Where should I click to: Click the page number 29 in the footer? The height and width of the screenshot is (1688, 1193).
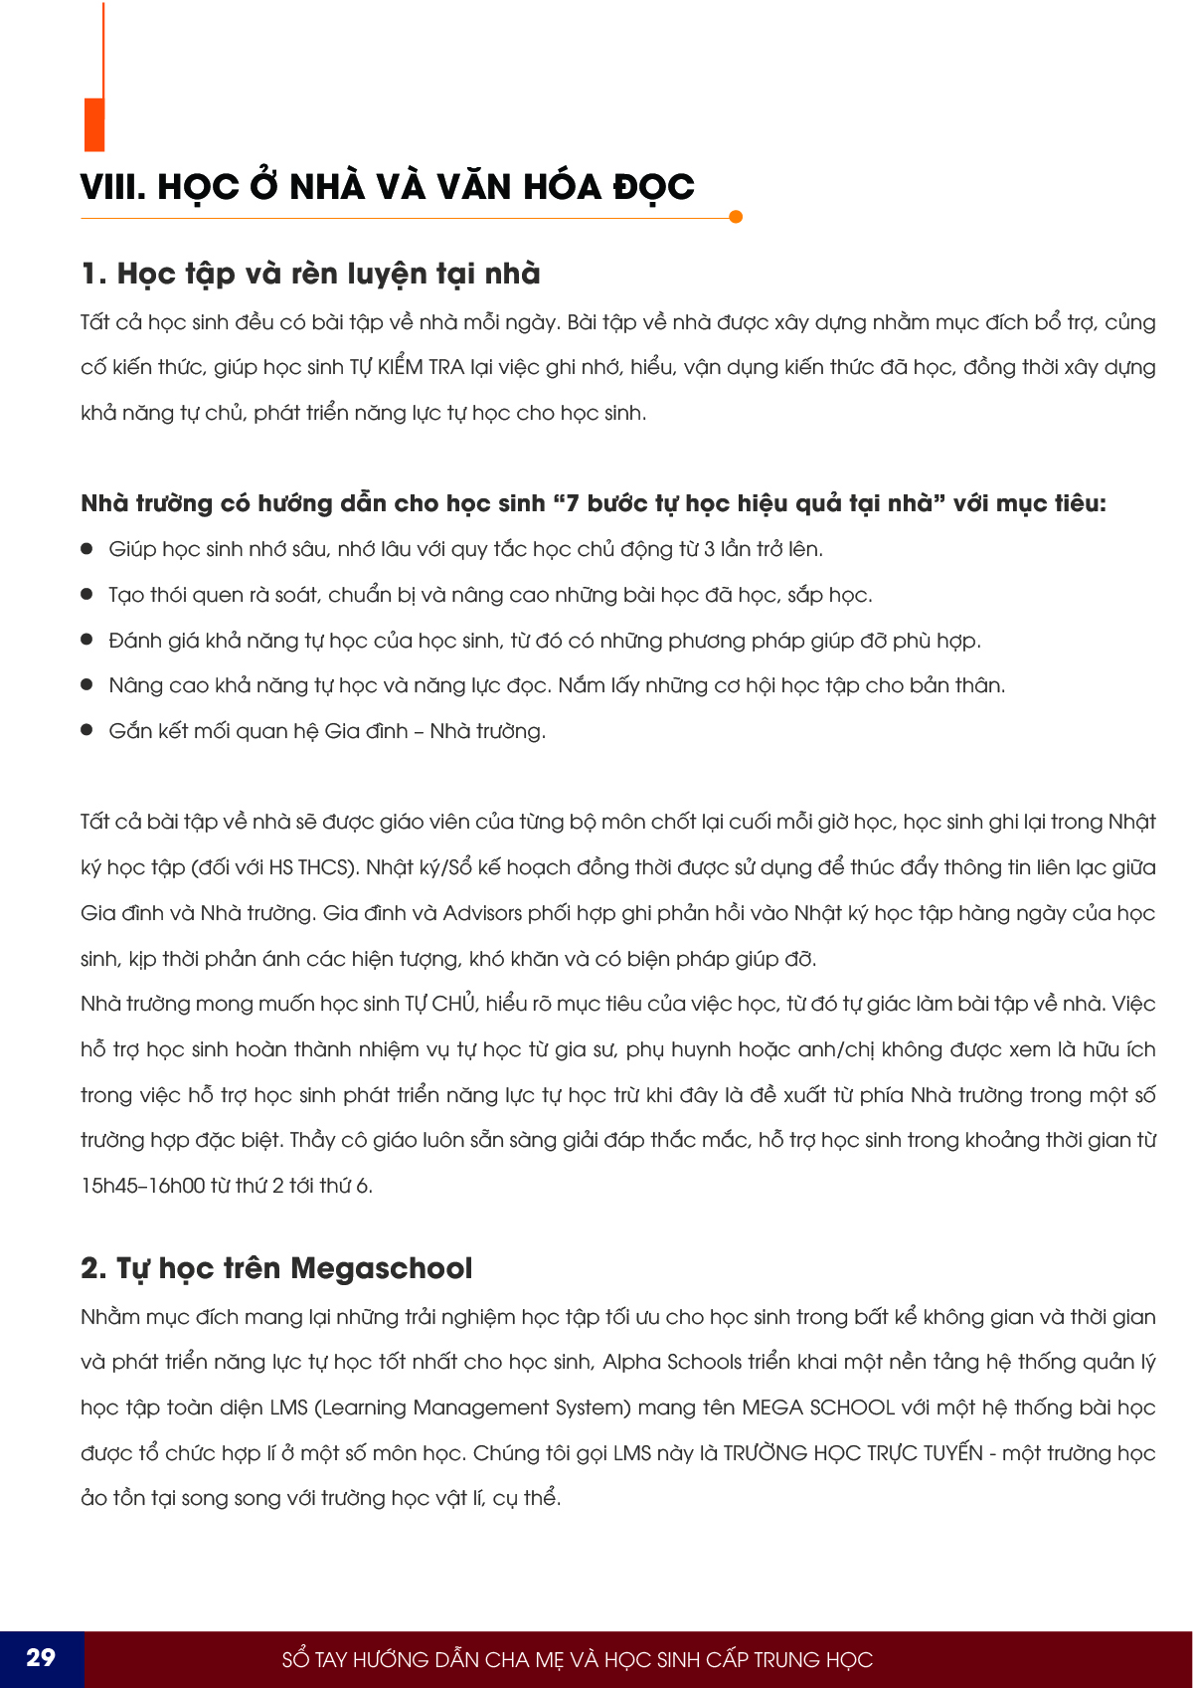click(41, 1657)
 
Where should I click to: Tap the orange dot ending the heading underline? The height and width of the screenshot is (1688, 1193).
click(736, 217)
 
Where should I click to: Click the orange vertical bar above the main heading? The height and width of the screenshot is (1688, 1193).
click(94, 123)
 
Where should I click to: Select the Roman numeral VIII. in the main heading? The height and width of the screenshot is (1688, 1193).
click(113, 187)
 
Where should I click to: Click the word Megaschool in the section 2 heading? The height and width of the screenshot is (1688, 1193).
click(382, 1268)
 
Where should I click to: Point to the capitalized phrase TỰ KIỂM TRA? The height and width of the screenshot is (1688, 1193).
click(407, 367)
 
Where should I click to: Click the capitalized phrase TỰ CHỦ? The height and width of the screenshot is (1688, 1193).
click(440, 1004)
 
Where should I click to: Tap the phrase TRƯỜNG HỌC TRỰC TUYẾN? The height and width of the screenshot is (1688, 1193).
click(853, 1453)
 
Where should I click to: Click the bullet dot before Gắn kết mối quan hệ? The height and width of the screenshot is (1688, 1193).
click(87, 731)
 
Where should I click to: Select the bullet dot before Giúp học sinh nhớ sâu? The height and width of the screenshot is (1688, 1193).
click(87, 549)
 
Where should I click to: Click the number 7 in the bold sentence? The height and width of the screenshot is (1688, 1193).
click(572, 503)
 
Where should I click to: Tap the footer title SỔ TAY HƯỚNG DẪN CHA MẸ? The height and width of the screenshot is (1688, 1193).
click(577, 1659)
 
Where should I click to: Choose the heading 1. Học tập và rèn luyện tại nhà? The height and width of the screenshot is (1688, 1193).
click(310, 274)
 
